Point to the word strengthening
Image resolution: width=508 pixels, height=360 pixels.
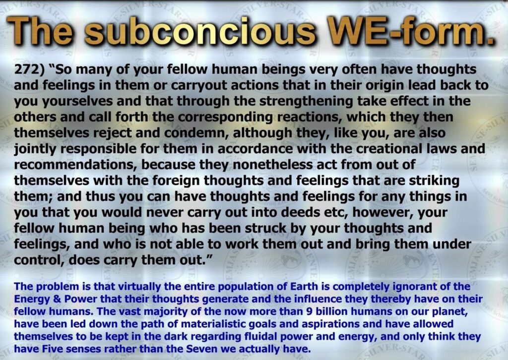[306, 101]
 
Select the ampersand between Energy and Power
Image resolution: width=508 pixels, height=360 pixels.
[57, 299]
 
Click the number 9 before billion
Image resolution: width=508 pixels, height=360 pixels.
[309, 311]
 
